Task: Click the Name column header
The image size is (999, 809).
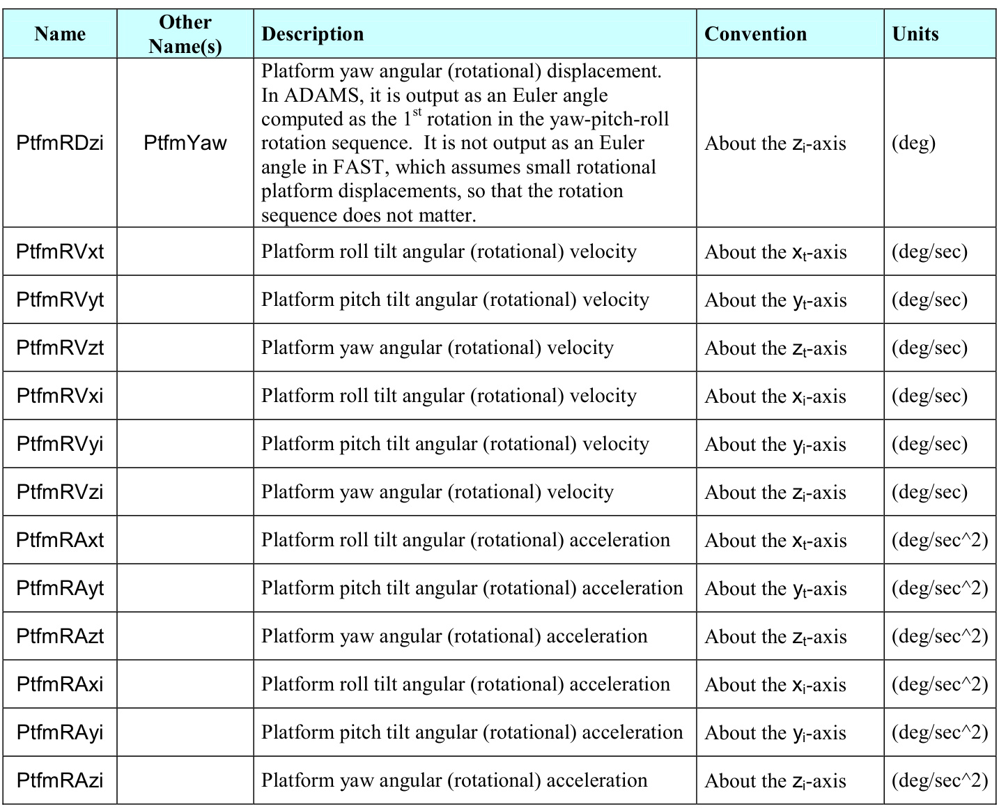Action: pyautogui.click(x=60, y=34)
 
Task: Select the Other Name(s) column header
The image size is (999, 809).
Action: pyautogui.click(x=185, y=34)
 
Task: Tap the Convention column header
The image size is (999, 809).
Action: pyautogui.click(x=755, y=34)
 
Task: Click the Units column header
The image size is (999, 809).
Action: pyautogui.click(x=915, y=34)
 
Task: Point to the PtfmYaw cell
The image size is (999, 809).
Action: pyautogui.click(x=185, y=143)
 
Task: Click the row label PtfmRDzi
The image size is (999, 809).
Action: pyautogui.click(x=60, y=143)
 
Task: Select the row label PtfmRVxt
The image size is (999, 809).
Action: pyautogui.click(x=60, y=252)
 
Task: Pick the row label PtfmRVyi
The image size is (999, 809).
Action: pyautogui.click(x=60, y=444)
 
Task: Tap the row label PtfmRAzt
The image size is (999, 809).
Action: pyautogui.click(x=60, y=636)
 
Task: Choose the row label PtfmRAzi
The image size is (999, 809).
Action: pyautogui.click(x=60, y=780)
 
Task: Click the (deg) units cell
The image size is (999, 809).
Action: pyautogui.click(x=913, y=143)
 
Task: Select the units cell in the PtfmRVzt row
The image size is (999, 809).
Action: pyautogui.click(x=929, y=348)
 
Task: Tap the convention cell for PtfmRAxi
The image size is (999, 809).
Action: pyautogui.click(x=776, y=685)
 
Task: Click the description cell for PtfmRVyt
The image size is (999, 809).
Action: pyautogui.click(x=455, y=300)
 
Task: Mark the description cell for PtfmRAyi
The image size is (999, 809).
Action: pyautogui.click(x=472, y=732)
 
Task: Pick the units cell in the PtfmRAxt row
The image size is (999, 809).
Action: pyautogui.click(x=939, y=540)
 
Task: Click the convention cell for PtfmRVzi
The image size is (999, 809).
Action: pyautogui.click(x=775, y=493)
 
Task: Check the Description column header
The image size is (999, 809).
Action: pyautogui.click(x=312, y=34)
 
